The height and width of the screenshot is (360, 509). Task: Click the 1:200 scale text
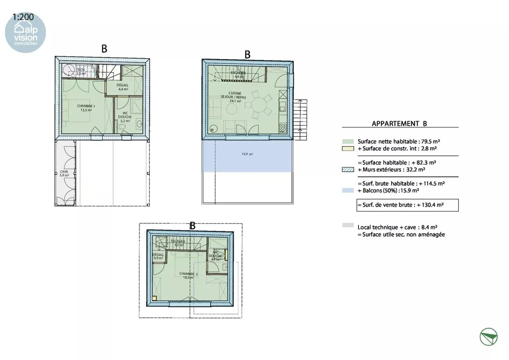click(23, 17)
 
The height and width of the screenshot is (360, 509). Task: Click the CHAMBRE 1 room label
click(86, 108)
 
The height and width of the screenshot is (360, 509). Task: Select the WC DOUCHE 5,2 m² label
click(125, 117)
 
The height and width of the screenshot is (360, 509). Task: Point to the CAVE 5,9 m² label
click(64, 173)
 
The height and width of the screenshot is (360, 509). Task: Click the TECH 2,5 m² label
click(81, 72)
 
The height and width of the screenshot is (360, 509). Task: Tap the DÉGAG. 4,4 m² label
click(123, 87)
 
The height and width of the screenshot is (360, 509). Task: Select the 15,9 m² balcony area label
click(247, 154)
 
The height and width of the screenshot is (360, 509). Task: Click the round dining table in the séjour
click(260, 106)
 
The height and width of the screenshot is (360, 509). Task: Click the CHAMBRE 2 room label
click(188, 275)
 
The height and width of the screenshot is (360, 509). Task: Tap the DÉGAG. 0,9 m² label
click(158, 256)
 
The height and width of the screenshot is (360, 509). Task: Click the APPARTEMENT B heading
click(399, 123)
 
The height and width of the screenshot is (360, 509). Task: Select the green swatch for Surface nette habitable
click(348, 141)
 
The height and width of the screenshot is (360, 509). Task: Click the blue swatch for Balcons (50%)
click(348, 191)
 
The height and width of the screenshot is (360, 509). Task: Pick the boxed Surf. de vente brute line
click(407, 205)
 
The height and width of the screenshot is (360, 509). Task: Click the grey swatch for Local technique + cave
click(348, 225)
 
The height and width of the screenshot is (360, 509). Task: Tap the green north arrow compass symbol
click(488, 337)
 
